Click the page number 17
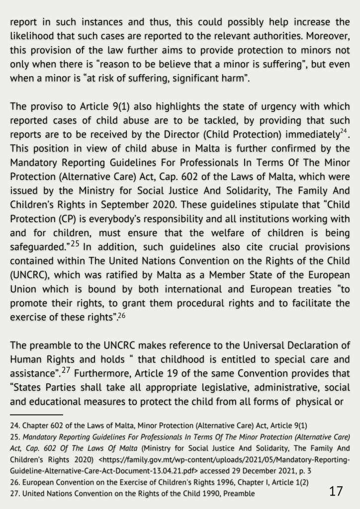pos(336,492)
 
